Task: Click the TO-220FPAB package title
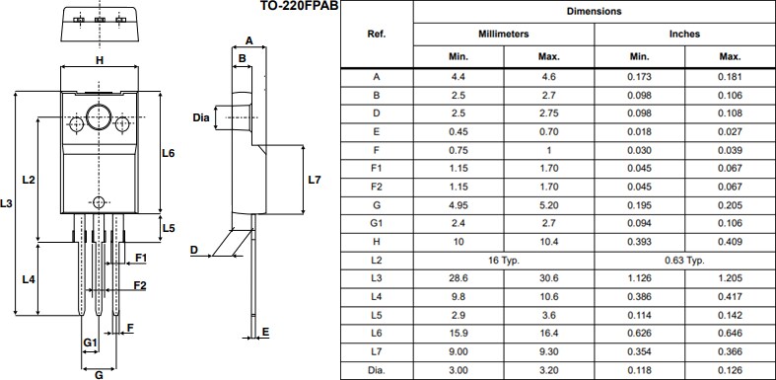pyautogui.click(x=286, y=7)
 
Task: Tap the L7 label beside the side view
pyautogui.click(x=315, y=180)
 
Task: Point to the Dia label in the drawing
pyautogui.click(x=201, y=118)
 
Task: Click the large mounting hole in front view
pyautogui.click(x=99, y=116)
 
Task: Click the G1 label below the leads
pyautogui.click(x=89, y=342)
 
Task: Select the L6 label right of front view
pyautogui.click(x=168, y=154)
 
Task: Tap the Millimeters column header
pyautogui.click(x=504, y=34)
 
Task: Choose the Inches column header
pyautogui.click(x=683, y=34)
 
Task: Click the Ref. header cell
pyautogui.click(x=376, y=34)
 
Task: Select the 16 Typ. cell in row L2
pyautogui.click(x=504, y=261)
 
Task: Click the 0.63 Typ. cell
pyautogui.click(x=683, y=261)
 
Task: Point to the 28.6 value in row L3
pyautogui.click(x=459, y=279)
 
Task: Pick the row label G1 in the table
pyautogui.click(x=376, y=223)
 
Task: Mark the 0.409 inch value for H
pyautogui.click(x=730, y=242)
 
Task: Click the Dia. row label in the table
pyautogui.click(x=376, y=371)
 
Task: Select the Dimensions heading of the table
pyautogui.click(x=594, y=11)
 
